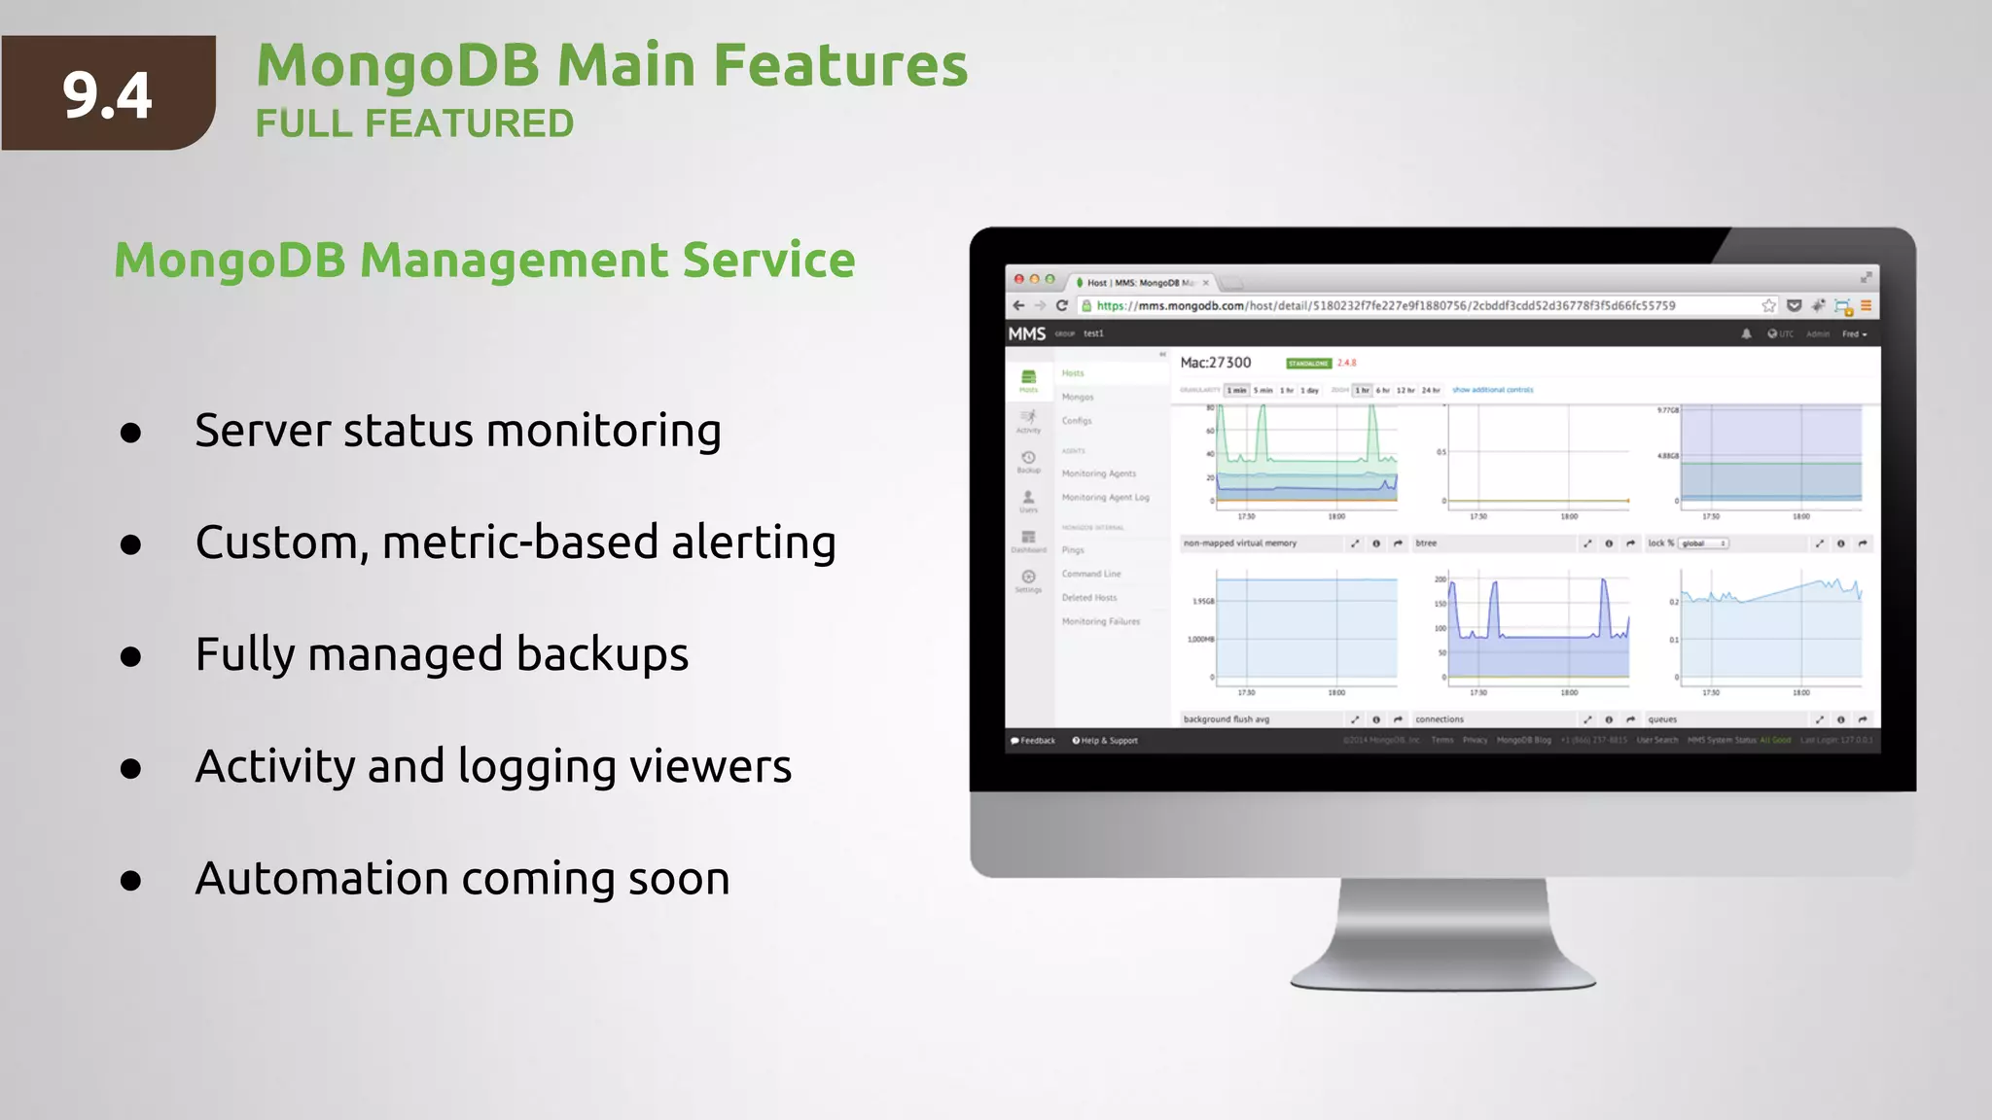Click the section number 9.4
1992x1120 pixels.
(x=107, y=95)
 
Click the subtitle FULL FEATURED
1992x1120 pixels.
(x=414, y=124)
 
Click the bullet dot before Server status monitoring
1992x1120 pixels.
(x=131, y=433)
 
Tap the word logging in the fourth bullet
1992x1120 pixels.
(x=536, y=767)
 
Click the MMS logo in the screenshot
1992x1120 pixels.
(x=1026, y=333)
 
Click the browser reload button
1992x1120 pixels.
(x=1062, y=305)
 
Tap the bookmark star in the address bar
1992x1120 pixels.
(x=1768, y=305)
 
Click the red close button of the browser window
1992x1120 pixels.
(x=1019, y=279)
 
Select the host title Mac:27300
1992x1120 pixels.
(x=1215, y=363)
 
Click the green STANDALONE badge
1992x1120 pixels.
(x=1308, y=364)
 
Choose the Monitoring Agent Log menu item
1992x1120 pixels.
(x=1105, y=497)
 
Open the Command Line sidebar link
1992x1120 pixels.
(x=1090, y=574)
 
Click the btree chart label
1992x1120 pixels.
(x=1426, y=543)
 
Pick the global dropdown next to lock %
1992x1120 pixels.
(x=1704, y=543)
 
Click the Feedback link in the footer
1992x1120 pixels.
(x=1033, y=741)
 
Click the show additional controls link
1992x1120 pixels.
(x=1492, y=390)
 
